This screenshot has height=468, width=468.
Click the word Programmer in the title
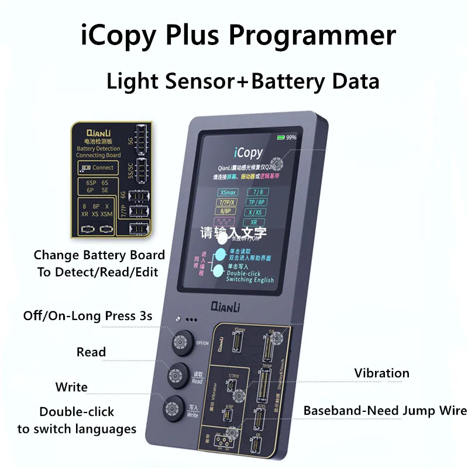click(313, 36)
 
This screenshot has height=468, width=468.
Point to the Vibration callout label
click(381, 373)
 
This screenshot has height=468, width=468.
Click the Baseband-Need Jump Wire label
click(385, 410)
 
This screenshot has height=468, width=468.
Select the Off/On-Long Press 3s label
click(88, 316)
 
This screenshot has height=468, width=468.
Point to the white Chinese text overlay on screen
click(233, 232)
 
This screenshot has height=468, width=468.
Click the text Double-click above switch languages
click(77, 412)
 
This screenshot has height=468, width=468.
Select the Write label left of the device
click(71, 387)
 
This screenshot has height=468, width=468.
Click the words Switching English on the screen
click(250, 280)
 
